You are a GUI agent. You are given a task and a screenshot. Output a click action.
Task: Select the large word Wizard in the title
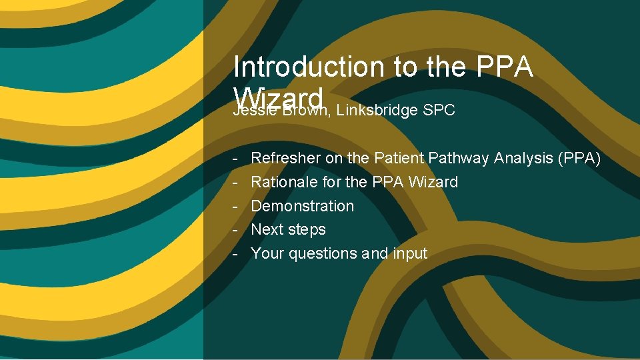(279, 95)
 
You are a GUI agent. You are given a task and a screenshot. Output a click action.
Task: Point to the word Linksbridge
(377, 111)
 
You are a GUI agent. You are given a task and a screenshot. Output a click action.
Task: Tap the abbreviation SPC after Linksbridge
(439, 111)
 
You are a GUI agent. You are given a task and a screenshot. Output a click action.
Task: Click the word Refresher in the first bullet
(285, 158)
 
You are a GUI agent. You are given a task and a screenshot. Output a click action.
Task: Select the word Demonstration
(302, 206)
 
